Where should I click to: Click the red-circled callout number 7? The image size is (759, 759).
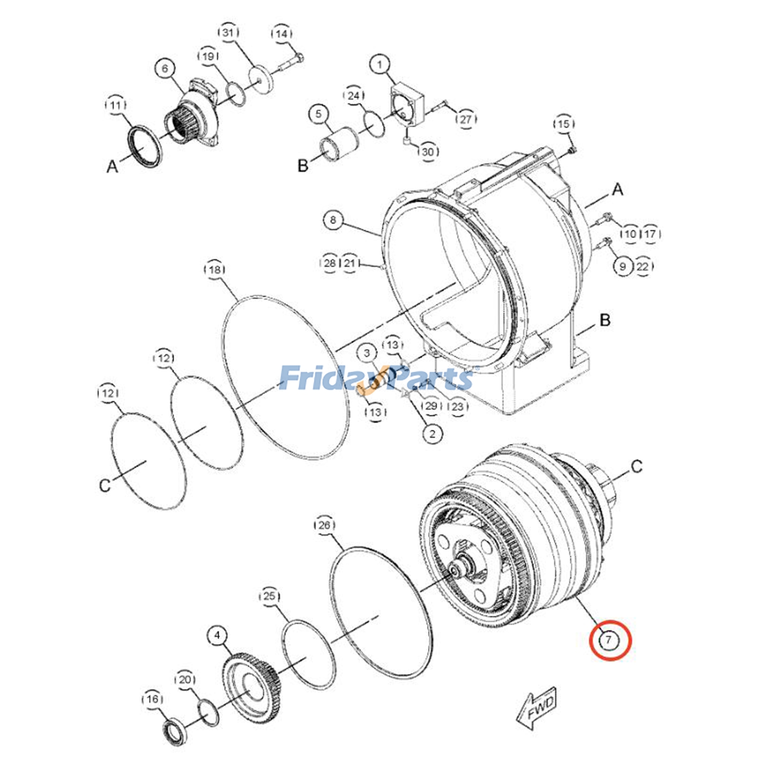(610, 640)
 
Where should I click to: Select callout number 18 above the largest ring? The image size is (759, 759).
(215, 270)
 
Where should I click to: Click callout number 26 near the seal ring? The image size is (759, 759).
(324, 525)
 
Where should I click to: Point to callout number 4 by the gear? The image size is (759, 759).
(217, 635)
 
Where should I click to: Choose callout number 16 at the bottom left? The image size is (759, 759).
(152, 699)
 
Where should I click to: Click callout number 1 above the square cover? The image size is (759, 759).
(379, 65)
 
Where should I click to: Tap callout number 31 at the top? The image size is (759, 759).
(228, 33)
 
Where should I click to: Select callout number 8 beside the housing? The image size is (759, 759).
(333, 220)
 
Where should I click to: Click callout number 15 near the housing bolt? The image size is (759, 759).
(563, 124)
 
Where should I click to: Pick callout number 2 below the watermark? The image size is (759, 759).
(432, 434)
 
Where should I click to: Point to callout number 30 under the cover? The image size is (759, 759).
(428, 152)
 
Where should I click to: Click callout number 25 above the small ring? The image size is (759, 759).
(269, 596)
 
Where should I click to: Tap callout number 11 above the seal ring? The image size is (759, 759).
(116, 105)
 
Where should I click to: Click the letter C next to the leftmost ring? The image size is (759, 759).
(105, 485)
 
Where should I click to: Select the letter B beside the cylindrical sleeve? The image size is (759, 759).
(303, 166)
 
